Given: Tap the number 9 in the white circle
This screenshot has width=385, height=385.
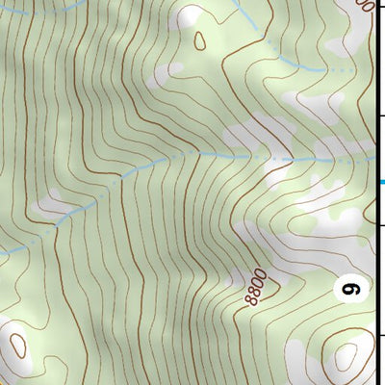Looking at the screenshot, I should (352, 287).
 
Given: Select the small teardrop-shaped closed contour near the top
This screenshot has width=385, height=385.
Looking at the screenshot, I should (200, 40).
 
